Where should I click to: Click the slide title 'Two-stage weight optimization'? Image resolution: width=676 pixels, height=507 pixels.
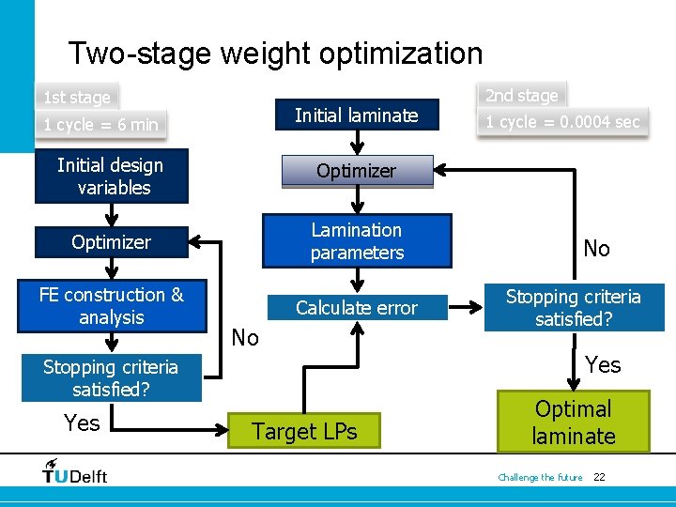pos(275,54)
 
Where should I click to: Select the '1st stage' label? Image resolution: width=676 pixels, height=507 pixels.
pos(77,97)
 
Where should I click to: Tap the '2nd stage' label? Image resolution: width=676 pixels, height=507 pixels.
pos(522,95)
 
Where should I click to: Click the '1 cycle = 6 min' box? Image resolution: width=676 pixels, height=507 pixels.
pos(101,124)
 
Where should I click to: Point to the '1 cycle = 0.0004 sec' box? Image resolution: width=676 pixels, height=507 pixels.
pos(562,122)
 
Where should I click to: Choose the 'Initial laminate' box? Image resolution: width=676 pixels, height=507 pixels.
pos(356,115)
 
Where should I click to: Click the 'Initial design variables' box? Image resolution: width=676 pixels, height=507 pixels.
pos(111,177)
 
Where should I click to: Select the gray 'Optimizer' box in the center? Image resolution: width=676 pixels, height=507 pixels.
pos(356,171)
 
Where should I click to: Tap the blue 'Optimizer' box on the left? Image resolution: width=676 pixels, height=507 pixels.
pos(111,242)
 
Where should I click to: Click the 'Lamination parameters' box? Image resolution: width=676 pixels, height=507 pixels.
pos(357,241)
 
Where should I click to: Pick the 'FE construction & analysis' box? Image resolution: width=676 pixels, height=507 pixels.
pos(111,306)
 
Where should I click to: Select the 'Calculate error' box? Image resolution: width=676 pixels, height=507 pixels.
pos(357,307)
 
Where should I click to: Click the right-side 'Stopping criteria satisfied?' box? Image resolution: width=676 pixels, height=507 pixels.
pos(574,308)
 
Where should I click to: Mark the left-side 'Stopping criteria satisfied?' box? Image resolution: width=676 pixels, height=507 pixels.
pos(111,377)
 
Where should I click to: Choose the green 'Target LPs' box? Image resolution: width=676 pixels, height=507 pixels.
pos(305,432)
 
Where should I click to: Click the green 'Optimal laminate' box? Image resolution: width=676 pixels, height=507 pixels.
pos(574,422)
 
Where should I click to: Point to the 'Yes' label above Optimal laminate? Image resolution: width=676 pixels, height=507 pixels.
pos(602,364)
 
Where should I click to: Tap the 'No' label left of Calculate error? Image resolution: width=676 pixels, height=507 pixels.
pos(245,338)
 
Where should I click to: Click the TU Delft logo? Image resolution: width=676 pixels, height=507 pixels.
pos(75,471)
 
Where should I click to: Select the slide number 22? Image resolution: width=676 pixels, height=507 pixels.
pos(599,478)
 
